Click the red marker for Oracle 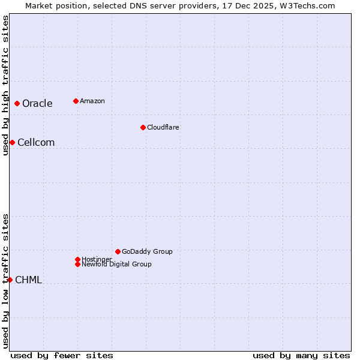pos(17,103)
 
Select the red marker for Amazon pos(76,101)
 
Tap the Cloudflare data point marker pos(143,127)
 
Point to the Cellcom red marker pos(12,142)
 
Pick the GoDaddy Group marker pos(118,251)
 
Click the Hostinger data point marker pos(77,259)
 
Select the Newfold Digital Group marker pos(77,264)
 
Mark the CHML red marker pos(10,280)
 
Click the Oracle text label pos(37,104)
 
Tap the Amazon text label pos(92,101)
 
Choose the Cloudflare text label pos(163,127)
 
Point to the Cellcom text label pos(36,143)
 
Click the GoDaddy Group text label pos(147,251)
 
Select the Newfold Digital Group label pos(116,264)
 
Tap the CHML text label pos(28,280)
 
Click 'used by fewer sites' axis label pos(62,355)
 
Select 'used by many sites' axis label pos(301,355)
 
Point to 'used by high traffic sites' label pos(5,85)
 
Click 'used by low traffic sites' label pos(5,281)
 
